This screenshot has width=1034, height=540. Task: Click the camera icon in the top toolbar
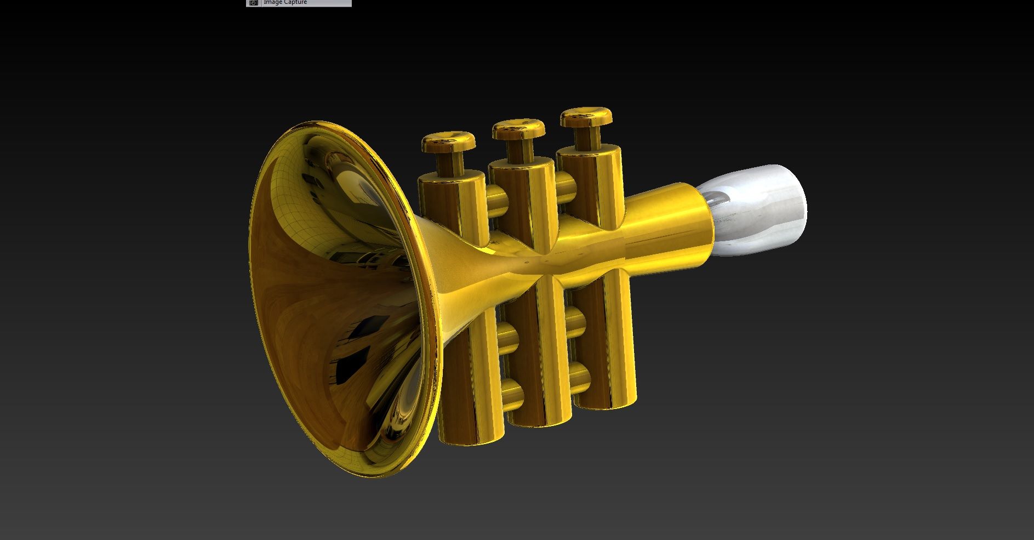(x=253, y=3)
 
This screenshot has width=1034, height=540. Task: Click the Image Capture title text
(x=285, y=3)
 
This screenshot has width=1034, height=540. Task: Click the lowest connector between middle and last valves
(x=578, y=377)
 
